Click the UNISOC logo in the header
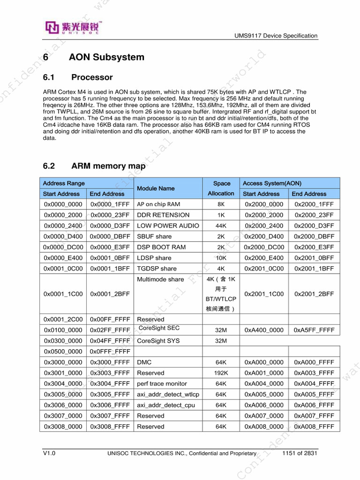[73, 28]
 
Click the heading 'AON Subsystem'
[106, 57]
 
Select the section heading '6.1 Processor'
[78, 77]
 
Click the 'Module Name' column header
[156, 188]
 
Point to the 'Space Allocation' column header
[221, 188]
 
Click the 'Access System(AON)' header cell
[272, 183]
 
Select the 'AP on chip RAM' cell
[158, 204]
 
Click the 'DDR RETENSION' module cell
[163, 215]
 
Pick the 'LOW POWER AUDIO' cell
[168, 225]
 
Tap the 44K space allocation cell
[221, 225]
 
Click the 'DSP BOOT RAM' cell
[161, 247]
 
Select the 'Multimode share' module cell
[160, 279]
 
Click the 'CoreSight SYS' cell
[158, 341]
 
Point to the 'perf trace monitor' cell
[162, 383]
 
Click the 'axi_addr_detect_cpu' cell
[166, 405]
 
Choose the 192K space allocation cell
[221, 373]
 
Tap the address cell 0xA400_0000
[264, 330]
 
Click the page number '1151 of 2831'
[300, 453]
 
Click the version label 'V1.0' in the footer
[49, 453]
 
